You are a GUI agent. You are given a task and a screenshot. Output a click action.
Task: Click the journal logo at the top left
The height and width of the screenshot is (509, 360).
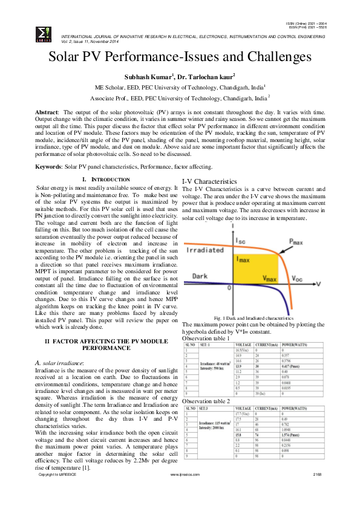(x=44, y=33)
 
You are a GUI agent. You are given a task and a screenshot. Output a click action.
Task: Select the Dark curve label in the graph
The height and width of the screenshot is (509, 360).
(x=200, y=276)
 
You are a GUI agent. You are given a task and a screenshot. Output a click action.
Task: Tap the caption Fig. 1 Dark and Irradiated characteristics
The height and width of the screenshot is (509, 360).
(x=254, y=318)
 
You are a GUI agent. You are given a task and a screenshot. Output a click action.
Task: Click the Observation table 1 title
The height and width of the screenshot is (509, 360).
(x=206, y=339)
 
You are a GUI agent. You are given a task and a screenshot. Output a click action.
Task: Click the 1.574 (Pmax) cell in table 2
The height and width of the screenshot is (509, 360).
(x=294, y=434)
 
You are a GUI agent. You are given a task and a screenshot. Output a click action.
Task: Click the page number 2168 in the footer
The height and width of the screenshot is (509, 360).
(x=317, y=492)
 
